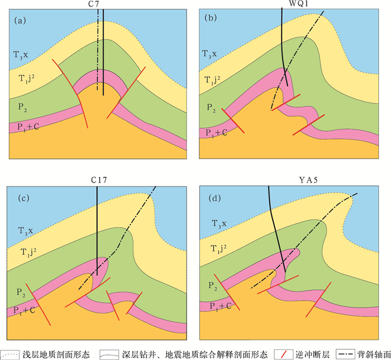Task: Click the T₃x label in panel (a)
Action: (x=22, y=55)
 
